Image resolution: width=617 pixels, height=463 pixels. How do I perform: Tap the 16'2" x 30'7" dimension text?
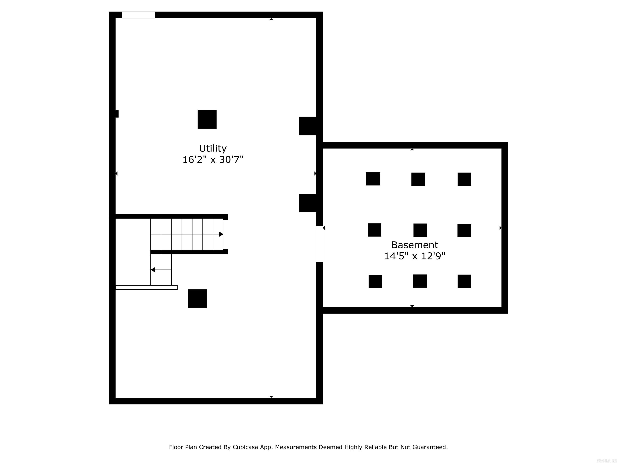coord(213,160)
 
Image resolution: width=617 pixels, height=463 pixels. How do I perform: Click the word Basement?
coord(415,245)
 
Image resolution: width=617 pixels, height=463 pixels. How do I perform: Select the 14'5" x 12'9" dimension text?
coord(415,256)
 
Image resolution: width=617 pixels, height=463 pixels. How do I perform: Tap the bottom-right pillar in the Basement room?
coord(464,281)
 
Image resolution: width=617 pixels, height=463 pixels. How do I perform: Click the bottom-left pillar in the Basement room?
coord(375,281)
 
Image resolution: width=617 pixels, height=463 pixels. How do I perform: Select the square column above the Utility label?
coord(207,119)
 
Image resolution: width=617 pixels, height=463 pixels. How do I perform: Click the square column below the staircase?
coord(197,299)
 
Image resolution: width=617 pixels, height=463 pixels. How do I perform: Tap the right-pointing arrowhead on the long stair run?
coord(221,234)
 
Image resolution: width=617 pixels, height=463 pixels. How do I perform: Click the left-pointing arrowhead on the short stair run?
coord(153,270)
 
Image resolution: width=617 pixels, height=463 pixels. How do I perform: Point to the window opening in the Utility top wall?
coord(138,15)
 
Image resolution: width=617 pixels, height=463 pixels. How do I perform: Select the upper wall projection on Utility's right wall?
coord(308,126)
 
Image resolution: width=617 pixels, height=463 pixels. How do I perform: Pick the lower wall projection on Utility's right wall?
coord(308,203)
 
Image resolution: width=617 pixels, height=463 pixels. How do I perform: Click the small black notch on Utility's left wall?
coord(117,114)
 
